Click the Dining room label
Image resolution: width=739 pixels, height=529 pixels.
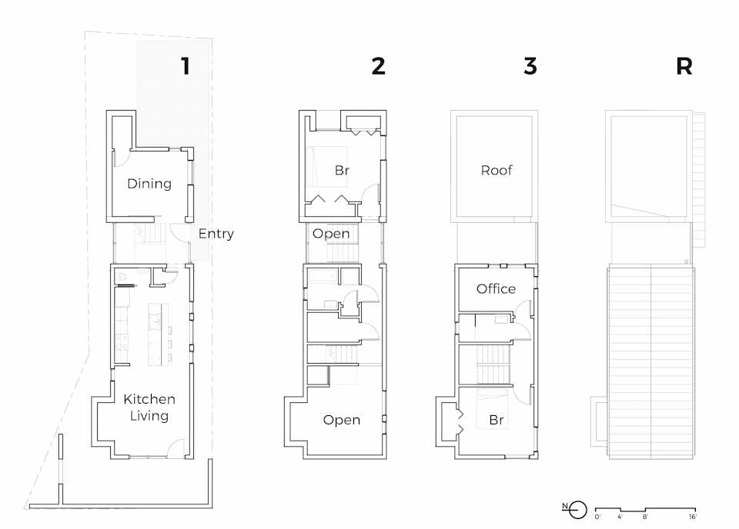[x=149, y=184]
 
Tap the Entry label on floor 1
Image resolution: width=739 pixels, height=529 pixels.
[x=216, y=234]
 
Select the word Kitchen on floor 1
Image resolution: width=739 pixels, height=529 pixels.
[x=149, y=399]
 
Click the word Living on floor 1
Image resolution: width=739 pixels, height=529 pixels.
[x=149, y=416]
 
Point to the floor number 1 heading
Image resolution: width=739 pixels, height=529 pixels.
[x=184, y=66]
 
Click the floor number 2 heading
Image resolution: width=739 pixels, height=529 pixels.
[x=378, y=66]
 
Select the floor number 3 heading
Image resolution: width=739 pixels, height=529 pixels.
[x=530, y=66]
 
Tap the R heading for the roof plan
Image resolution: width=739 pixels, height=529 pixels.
[x=684, y=66]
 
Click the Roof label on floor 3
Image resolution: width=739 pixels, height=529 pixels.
[x=497, y=170]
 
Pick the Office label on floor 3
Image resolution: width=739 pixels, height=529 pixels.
[x=496, y=289]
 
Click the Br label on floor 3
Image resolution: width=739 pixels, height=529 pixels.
[x=497, y=421]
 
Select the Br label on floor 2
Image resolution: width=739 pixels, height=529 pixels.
[x=342, y=170]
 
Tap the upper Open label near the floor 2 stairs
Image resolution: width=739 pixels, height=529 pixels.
[x=331, y=234]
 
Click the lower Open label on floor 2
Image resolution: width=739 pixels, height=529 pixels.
[x=342, y=420]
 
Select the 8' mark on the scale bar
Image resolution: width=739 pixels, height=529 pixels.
[x=646, y=517]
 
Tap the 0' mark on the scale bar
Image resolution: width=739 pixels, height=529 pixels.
[x=599, y=517]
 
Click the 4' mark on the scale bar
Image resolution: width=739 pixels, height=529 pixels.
[x=621, y=517]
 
